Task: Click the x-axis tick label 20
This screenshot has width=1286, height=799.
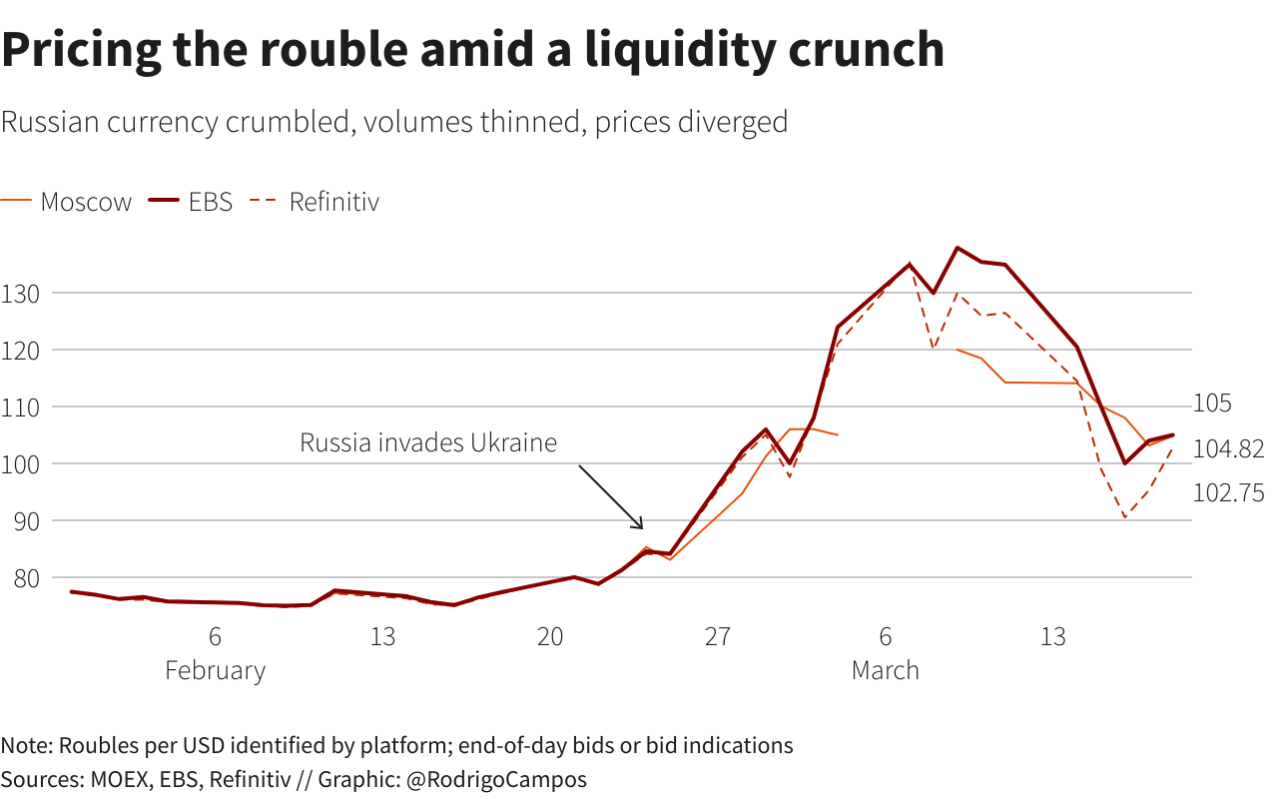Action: point(550,637)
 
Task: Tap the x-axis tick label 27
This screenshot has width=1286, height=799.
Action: point(718,637)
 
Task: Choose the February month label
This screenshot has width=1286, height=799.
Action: point(216,670)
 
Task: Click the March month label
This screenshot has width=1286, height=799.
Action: point(885,670)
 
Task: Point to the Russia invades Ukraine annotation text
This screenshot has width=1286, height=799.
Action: point(428,442)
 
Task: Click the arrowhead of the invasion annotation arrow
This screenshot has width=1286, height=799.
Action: point(641,526)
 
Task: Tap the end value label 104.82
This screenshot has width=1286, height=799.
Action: point(1228,449)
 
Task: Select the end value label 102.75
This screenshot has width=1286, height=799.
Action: point(1228,492)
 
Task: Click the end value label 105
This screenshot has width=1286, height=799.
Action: point(1212,403)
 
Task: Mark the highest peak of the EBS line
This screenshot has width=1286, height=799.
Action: point(958,248)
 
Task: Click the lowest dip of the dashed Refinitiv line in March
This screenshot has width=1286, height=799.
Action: point(1125,517)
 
